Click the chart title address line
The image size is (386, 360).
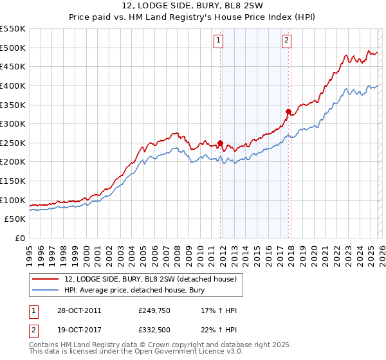(193, 6)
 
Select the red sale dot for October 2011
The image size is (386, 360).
(220, 143)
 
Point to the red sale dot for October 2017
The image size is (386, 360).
(288, 111)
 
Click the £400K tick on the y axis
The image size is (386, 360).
(13, 85)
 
